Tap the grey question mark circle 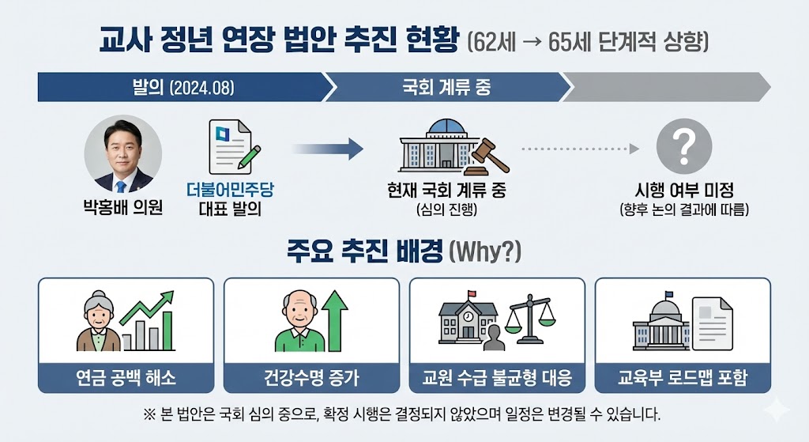684,147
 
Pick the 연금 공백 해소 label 126,376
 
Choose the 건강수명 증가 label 311,376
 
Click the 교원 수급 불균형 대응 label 497,376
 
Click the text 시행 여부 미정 684,191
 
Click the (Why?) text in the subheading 484,252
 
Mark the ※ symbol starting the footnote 150,414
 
